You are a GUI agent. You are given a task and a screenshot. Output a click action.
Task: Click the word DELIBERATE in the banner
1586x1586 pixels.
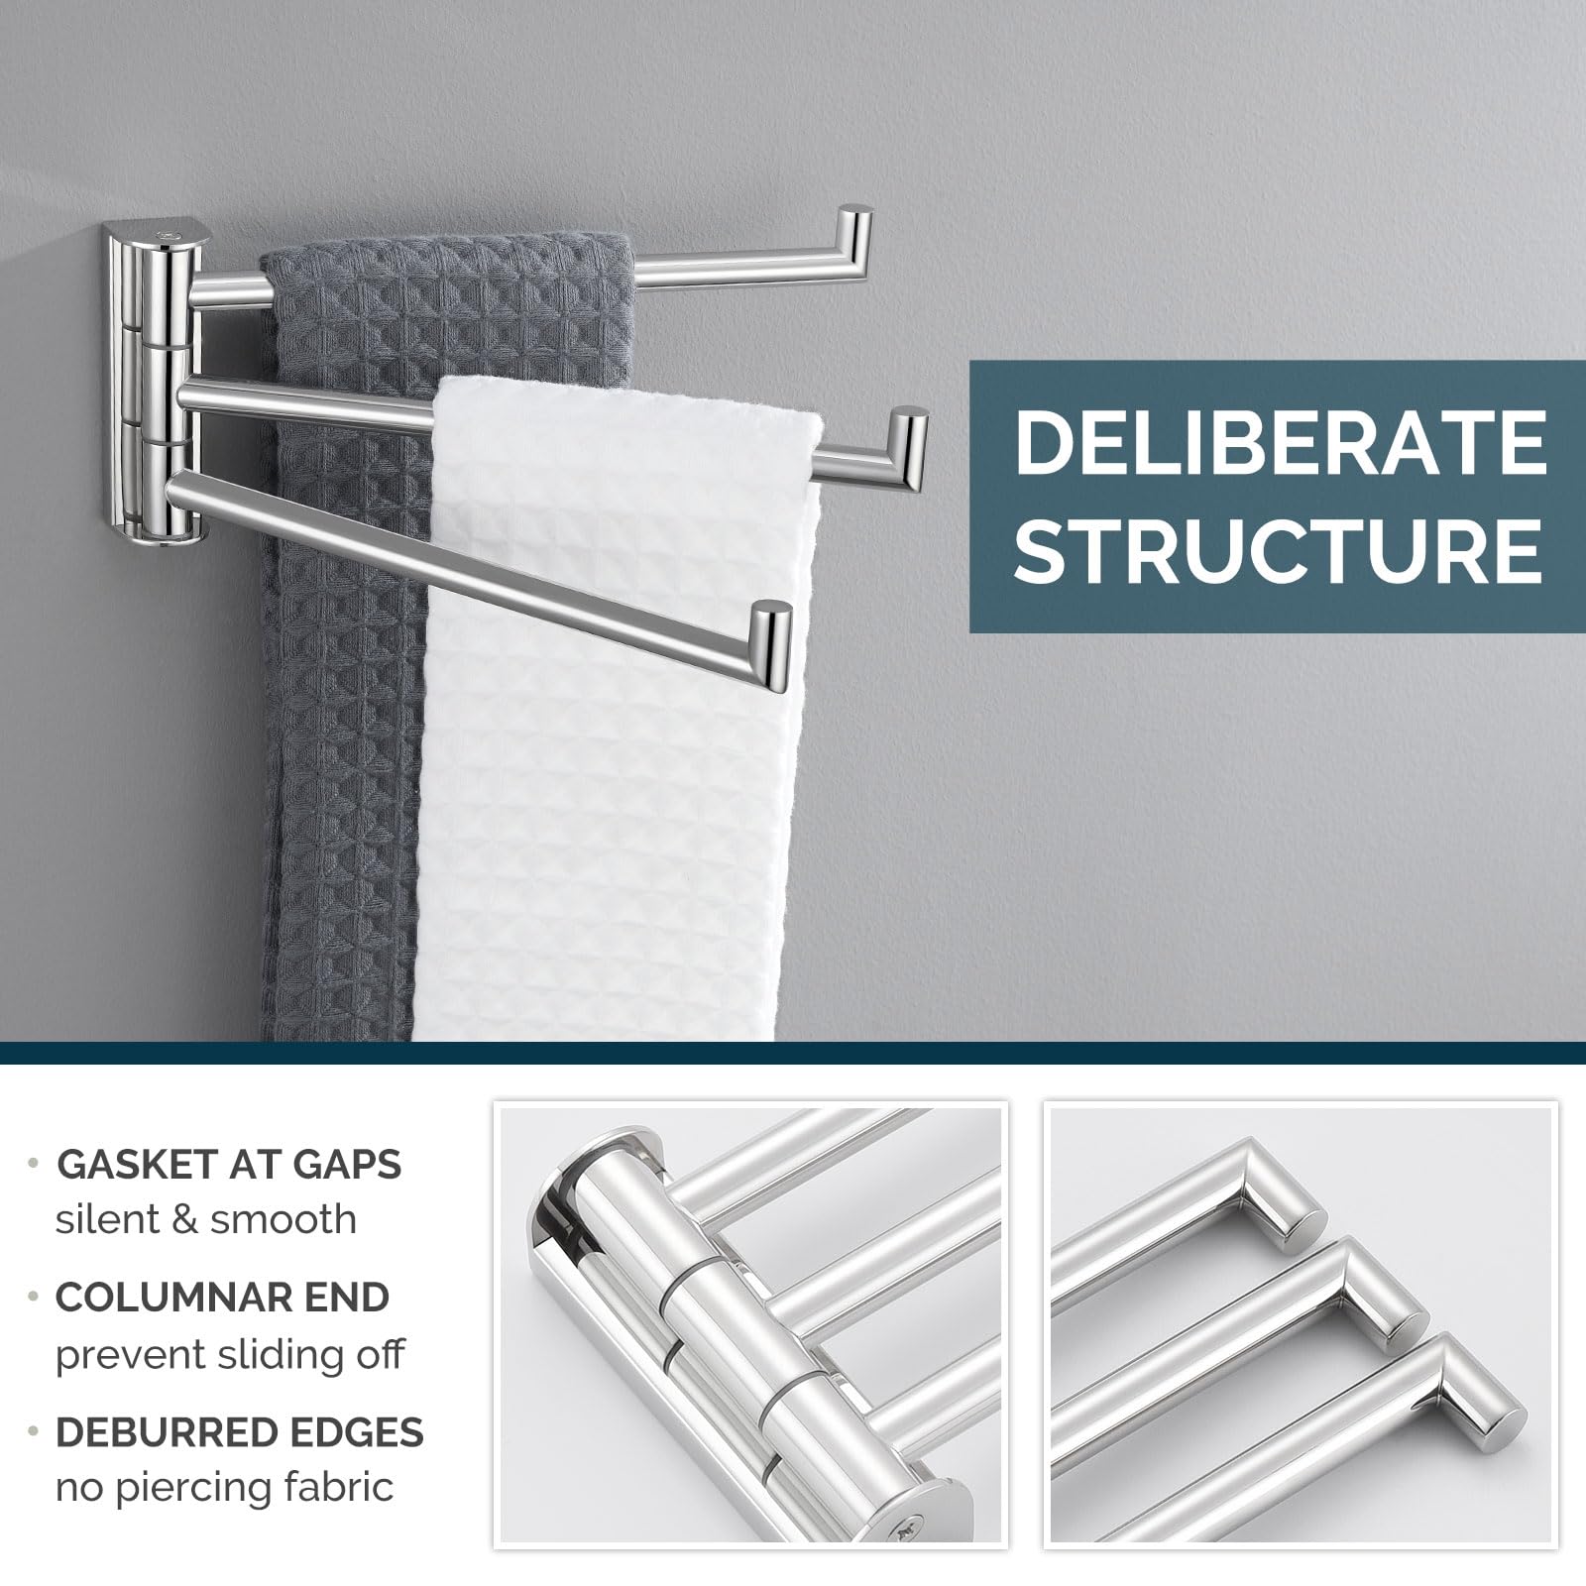1279,443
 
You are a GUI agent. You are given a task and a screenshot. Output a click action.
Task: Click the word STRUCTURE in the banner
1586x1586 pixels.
1279,548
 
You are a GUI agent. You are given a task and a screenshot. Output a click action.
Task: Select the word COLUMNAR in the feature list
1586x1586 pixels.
160,1298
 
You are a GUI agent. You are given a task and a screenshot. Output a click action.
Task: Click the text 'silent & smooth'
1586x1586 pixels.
205,1219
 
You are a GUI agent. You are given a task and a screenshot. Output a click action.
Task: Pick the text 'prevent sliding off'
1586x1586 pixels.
230,1353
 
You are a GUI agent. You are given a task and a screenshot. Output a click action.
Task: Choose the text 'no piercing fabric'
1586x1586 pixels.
224,1487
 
